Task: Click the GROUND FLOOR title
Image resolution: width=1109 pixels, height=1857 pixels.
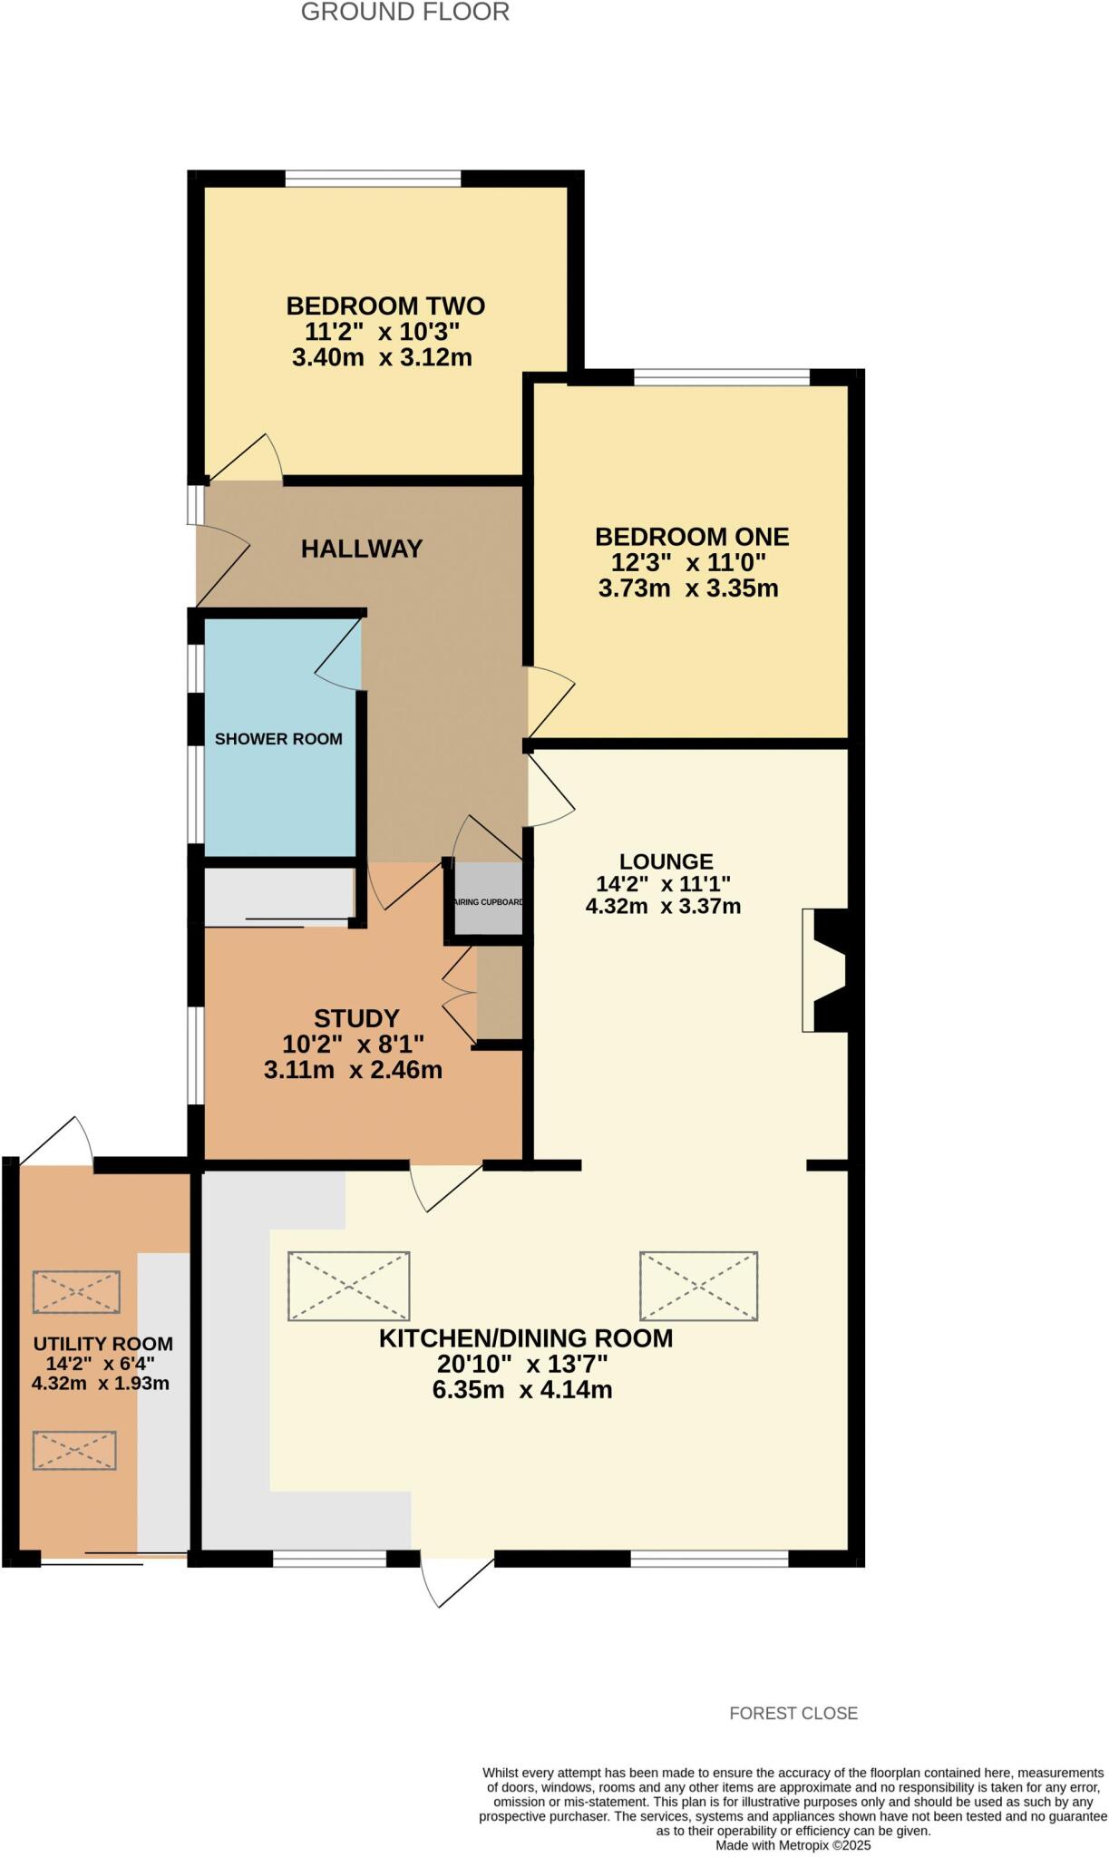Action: click(404, 13)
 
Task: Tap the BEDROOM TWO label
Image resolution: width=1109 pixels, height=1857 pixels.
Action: click(385, 306)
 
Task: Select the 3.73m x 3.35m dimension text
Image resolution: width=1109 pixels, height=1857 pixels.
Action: click(688, 588)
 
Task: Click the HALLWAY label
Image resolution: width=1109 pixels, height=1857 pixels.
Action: click(362, 549)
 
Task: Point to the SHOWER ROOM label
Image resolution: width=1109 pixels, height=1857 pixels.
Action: click(278, 739)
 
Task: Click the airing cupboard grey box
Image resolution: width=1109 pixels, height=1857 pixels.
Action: click(489, 899)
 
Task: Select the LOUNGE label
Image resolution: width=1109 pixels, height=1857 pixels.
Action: click(666, 861)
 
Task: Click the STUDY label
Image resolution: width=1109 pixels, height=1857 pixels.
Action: click(356, 1018)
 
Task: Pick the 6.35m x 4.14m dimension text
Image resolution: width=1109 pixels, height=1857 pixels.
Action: click(522, 1390)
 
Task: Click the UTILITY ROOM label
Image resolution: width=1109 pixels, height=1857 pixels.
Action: click(102, 1344)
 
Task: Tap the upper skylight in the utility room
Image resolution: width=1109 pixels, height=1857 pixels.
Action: click(76, 1292)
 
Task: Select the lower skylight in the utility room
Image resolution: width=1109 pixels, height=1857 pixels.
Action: click(74, 1451)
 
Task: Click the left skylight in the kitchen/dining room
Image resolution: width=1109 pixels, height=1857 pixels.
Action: click(349, 1286)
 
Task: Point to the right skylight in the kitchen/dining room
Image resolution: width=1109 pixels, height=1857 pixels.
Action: click(698, 1286)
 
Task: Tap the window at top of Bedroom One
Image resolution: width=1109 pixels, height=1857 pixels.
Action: click(721, 377)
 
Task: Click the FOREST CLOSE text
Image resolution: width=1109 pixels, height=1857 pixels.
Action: click(793, 1713)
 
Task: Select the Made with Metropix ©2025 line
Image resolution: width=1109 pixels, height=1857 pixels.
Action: click(793, 1844)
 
